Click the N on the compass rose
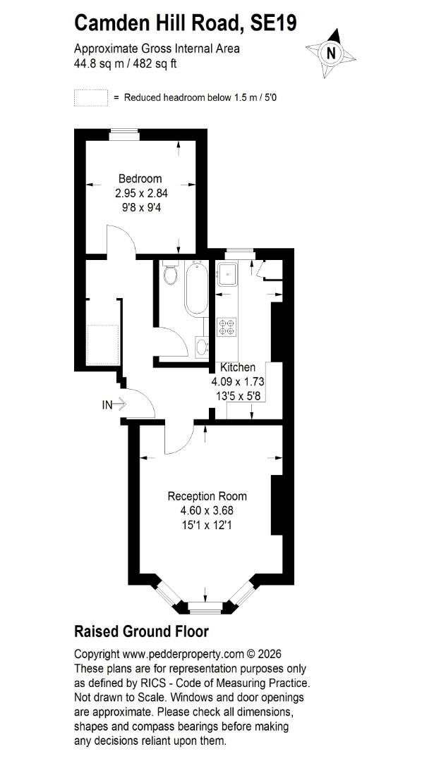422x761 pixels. (332, 52)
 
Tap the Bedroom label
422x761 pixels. (140, 178)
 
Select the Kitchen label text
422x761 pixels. (238, 368)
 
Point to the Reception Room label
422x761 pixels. (207, 496)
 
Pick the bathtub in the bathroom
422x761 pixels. (197, 288)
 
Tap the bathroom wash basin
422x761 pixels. (201, 347)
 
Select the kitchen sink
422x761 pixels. (227, 274)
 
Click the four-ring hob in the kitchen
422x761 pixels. (227, 327)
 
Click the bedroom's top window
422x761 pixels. (124, 135)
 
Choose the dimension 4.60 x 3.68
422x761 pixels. (207, 511)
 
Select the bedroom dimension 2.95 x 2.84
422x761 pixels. (141, 193)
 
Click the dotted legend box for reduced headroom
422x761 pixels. (91, 97)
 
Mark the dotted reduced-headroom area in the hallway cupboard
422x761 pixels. (102, 345)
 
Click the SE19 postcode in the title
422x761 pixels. (273, 23)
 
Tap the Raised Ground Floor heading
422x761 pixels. (141, 632)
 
